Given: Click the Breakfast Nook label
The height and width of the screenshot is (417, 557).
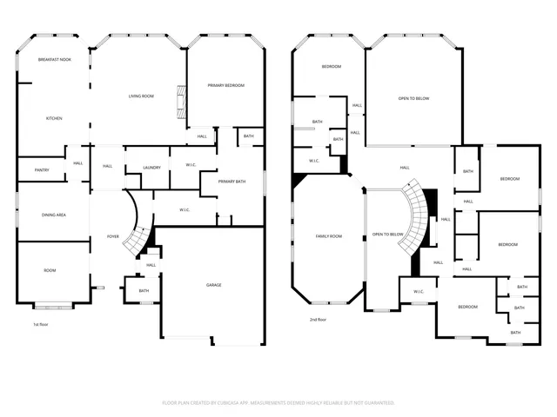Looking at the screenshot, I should click(x=53, y=59).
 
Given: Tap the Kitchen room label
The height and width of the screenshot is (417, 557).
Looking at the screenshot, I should click(x=53, y=118).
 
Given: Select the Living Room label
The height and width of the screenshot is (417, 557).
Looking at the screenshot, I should click(x=141, y=96).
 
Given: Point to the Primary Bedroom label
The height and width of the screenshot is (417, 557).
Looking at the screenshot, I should click(x=225, y=85).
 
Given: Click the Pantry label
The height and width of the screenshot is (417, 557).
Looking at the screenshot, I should click(x=41, y=169).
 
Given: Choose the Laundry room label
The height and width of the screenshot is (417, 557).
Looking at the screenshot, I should click(x=151, y=167).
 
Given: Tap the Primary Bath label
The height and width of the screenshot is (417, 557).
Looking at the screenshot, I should click(x=232, y=182).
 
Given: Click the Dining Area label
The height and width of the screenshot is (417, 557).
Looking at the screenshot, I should click(x=55, y=215).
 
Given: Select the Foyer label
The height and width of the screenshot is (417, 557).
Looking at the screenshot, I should click(x=113, y=236).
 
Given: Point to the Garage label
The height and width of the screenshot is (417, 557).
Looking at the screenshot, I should click(x=213, y=285).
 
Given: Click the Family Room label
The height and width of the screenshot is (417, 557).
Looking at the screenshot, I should click(x=328, y=236).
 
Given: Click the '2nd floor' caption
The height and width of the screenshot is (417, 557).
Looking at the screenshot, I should click(x=317, y=320).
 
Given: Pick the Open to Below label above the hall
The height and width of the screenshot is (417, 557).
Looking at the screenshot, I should click(x=413, y=98).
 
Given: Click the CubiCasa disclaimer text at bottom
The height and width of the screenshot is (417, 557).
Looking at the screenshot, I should click(x=278, y=403).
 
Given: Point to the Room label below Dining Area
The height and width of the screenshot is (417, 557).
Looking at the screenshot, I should click(x=50, y=270).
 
